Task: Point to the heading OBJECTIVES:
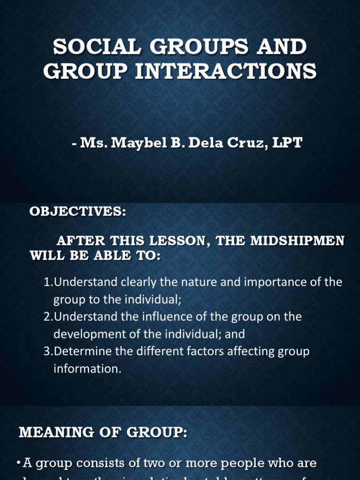[x=78, y=211]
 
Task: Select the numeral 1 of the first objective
[x=46, y=282]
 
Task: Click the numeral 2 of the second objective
[x=46, y=317]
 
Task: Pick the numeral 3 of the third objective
[x=46, y=352]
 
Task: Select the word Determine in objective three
[x=78, y=352]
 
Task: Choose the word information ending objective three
[x=87, y=369]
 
